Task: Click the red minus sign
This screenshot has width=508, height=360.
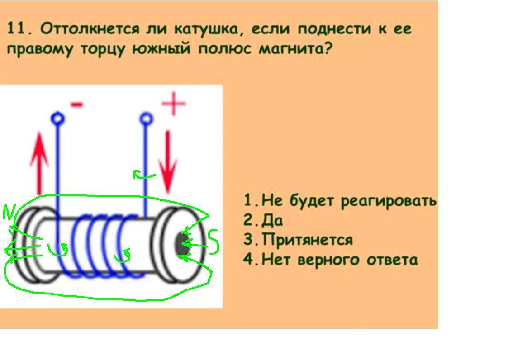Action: [77, 105]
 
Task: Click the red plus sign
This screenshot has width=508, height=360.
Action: [174, 104]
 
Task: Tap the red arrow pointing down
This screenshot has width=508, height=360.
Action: [168, 161]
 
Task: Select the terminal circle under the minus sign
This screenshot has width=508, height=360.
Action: [57, 119]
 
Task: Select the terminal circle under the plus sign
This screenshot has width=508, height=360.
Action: [146, 119]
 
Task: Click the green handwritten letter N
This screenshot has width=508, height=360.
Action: [9, 213]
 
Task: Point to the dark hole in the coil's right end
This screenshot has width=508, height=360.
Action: [182, 245]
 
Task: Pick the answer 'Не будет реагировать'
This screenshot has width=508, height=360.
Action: [340, 200]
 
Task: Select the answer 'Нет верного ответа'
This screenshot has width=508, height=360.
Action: [330, 260]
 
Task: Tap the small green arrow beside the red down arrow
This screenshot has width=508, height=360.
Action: [143, 175]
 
